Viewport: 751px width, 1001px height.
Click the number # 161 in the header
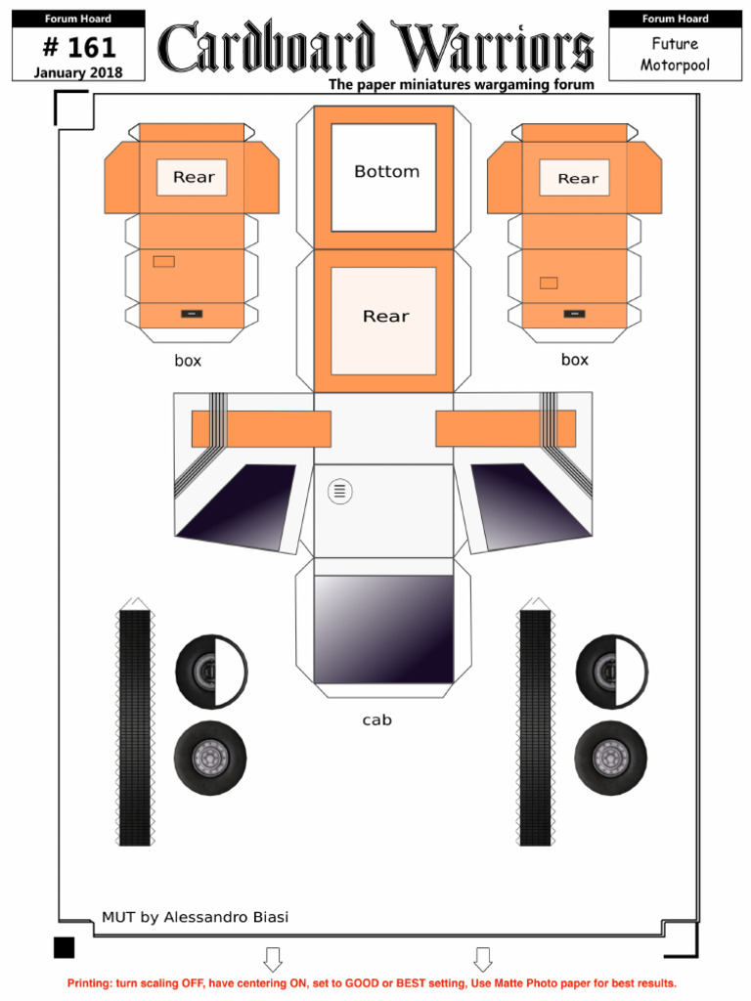point(79,47)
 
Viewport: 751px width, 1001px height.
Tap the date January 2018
point(78,71)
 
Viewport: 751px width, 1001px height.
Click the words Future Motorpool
point(675,55)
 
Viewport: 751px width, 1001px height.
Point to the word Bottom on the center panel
point(386,172)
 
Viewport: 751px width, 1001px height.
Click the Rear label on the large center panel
point(385,317)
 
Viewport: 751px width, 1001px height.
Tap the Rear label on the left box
point(193,177)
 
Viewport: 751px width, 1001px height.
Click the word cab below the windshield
point(376,720)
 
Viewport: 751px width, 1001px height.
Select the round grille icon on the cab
point(339,491)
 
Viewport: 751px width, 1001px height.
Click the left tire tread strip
point(135,727)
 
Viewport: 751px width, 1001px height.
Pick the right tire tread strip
point(535,727)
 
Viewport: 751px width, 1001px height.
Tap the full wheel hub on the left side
point(210,758)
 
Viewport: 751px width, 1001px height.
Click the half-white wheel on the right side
point(612,673)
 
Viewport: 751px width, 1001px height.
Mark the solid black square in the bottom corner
point(64,947)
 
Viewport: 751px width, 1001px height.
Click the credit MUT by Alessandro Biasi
point(195,917)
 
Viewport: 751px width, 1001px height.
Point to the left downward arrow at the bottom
point(273,959)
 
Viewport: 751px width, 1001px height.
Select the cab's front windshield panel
point(383,629)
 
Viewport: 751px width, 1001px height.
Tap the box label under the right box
point(575,360)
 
